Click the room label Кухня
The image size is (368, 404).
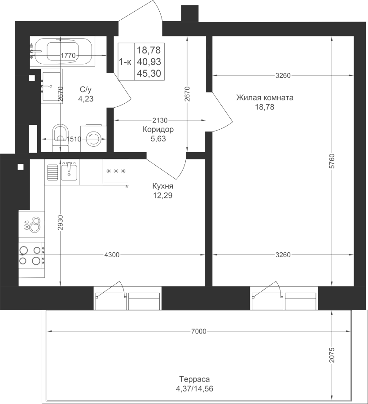[163, 186]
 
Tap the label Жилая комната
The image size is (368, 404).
[265, 98]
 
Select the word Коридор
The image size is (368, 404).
[158, 129]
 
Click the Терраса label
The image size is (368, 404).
[194, 379]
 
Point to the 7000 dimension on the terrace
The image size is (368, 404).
[199, 331]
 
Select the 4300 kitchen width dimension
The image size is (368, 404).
[112, 255]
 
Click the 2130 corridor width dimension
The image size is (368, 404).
[160, 120]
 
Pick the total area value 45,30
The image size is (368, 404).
[149, 74]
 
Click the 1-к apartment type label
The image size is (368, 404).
[125, 62]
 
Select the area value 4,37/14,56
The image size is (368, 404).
[194, 389]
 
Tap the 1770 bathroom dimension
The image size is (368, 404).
[68, 55]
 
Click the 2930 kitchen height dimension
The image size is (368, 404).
[60, 223]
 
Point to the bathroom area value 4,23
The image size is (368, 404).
[86, 99]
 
